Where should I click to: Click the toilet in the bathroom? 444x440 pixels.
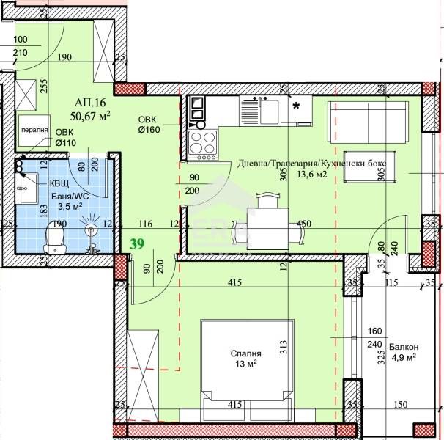point(53,237)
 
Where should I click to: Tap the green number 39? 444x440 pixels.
point(137,243)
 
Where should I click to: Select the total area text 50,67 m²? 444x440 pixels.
point(90,116)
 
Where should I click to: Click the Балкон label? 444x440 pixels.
point(404,346)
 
